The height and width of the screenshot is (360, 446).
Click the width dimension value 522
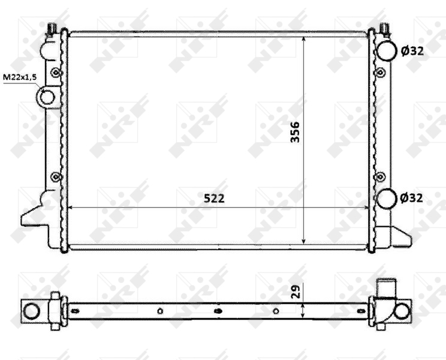click(x=213, y=198)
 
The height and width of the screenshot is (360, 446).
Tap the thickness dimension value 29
click(x=294, y=292)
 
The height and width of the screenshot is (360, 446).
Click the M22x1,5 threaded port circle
click(x=47, y=96)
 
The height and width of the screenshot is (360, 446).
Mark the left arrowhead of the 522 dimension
click(x=73, y=207)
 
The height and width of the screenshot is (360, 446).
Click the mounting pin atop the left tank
click(x=53, y=28)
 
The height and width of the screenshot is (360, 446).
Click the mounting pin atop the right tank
click(x=384, y=28)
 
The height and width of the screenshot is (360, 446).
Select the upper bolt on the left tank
click(x=56, y=73)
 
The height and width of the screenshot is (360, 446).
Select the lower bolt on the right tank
click(x=379, y=176)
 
